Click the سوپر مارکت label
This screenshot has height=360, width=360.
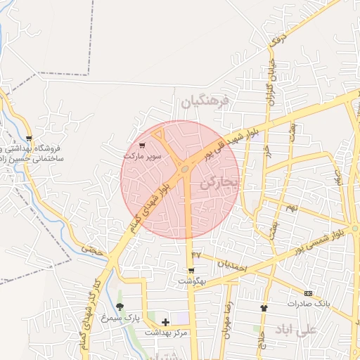143,154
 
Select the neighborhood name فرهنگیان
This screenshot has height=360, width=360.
205,101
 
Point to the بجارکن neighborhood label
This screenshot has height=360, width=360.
220,183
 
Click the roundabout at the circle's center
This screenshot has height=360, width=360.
184,169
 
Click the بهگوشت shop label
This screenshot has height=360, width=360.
191,281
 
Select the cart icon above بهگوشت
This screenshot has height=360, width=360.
191,271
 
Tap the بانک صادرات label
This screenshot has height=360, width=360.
308,303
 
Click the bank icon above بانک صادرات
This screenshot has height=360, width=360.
308,292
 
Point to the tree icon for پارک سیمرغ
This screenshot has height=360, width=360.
120,307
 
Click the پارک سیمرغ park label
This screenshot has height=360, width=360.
116,318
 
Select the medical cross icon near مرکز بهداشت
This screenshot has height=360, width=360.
165,322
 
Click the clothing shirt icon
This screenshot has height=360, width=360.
264,308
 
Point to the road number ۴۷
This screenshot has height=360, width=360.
195,254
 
